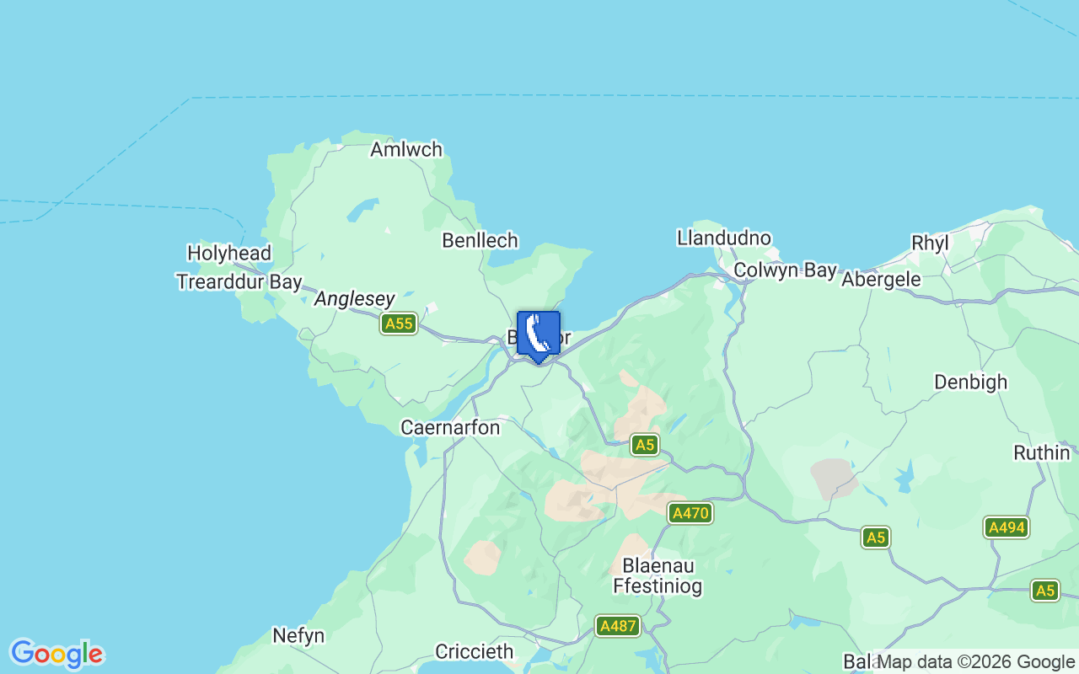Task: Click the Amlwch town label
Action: [406, 150]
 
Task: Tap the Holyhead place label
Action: [229, 253]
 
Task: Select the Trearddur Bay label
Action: [239, 281]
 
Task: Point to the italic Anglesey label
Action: [354, 299]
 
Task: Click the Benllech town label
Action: [480, 241]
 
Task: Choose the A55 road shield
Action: [398, 324]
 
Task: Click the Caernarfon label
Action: [450, 428]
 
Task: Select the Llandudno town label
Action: [723, 238]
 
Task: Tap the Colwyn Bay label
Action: [785, 270]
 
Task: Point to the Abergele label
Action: [881, 279]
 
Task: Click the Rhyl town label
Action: [930, 243]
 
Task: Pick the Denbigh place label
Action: [970, 382]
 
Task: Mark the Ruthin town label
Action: [1041, 452]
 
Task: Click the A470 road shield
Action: [690, 513]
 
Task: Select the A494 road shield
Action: [1006, 527]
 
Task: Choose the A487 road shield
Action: [618, 626]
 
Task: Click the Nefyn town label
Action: [298, 635]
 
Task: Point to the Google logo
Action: [56, 654]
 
